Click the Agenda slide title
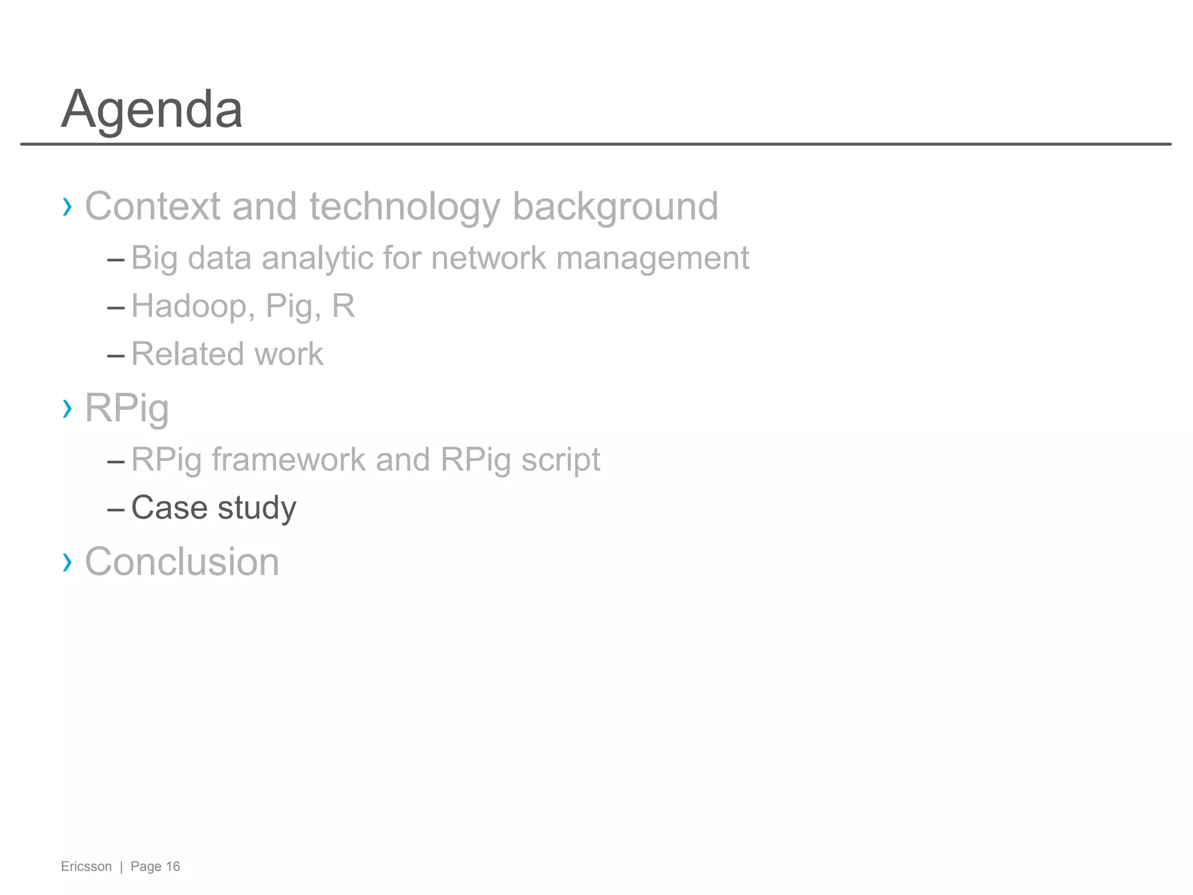point(151,109)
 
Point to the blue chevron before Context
point(67,206)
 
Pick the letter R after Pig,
point(343,305)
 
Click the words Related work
point(227,354)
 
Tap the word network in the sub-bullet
point(488,258)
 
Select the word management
point(652,258)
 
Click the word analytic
point(317,258)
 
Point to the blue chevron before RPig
point(67,408)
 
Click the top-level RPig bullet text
point(127,408)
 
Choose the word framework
point(288,459)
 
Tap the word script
point(560,459)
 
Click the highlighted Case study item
point(213,507)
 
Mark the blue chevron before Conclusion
point(67,562)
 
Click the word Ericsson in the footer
point(86,866)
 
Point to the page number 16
point(173,866)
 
